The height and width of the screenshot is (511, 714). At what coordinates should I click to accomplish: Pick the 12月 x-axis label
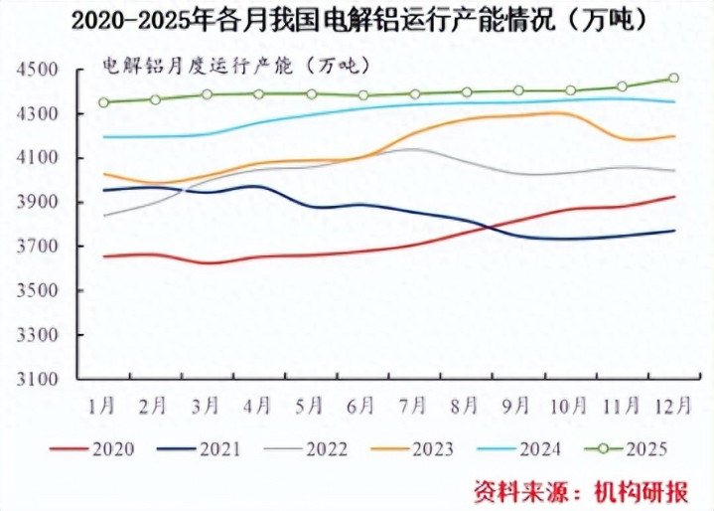click(x=674, y=406)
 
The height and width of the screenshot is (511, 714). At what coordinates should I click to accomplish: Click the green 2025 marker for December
click(x=674, y=78)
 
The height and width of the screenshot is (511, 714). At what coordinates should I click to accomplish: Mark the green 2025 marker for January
click(x=103, y=102)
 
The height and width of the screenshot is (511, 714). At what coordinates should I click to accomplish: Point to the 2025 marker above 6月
click(x=362, y=95)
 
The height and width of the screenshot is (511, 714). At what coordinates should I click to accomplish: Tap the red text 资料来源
click(x=515, y=490)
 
